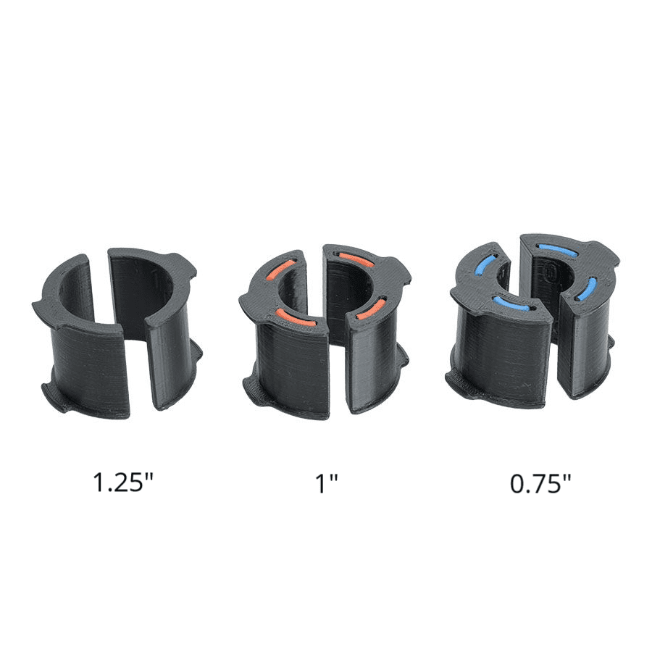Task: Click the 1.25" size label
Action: [x=122, y=482]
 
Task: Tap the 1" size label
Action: [x=327, y=482]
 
